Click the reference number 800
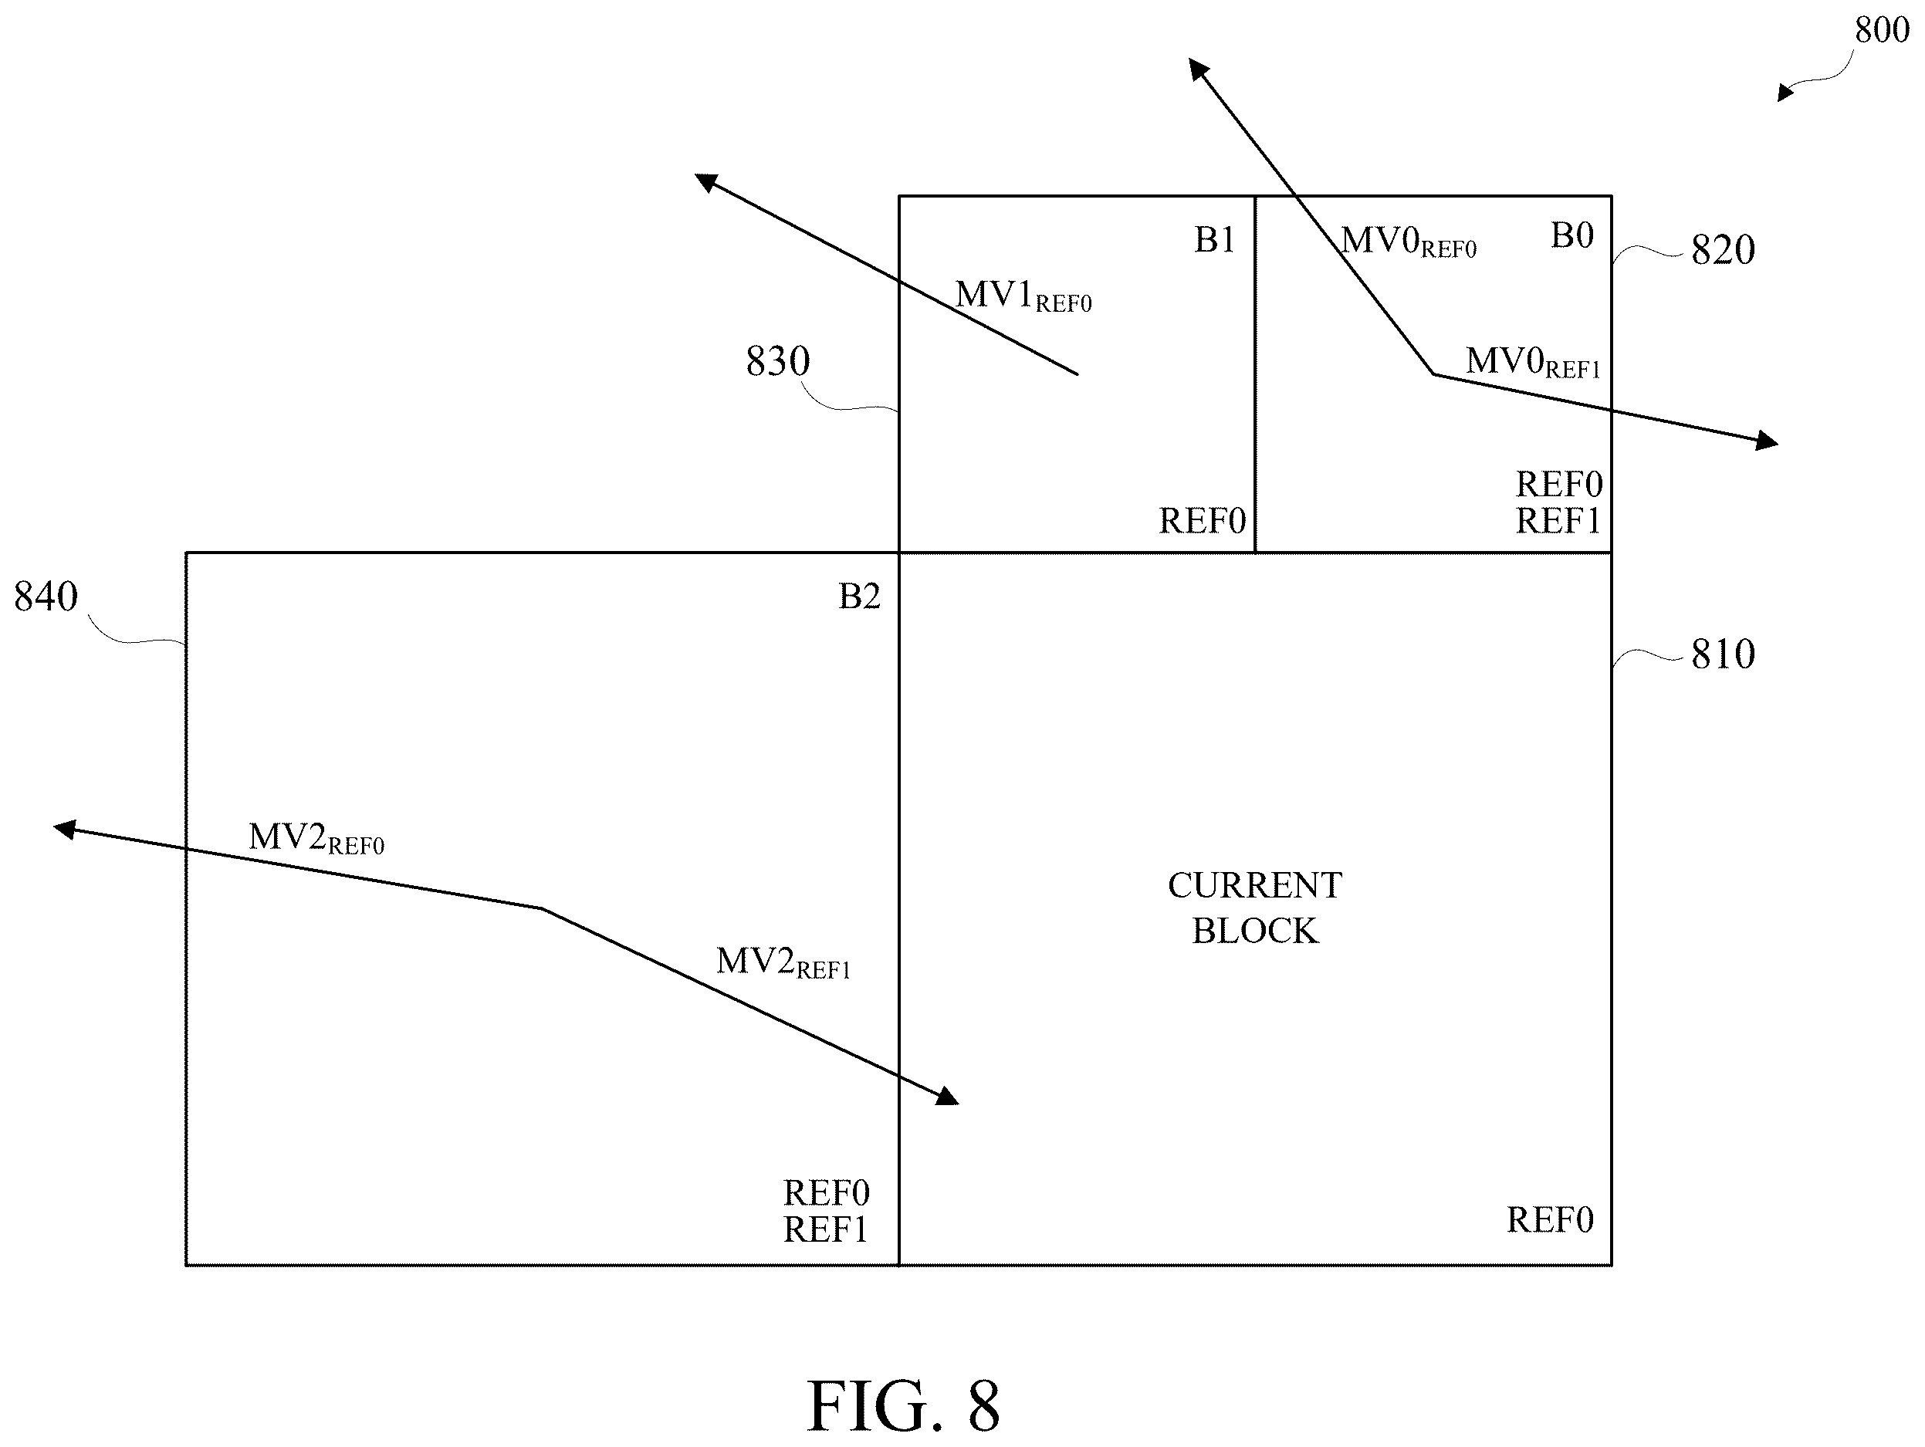1882,30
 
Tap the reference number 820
1722,251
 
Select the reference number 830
777,361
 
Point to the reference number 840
46,597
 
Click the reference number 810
1722,654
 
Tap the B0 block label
1571,236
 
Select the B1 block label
1215,240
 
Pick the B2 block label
859,597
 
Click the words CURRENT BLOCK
1254,908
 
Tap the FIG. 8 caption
903,1405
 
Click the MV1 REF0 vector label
1023,296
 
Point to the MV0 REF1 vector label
1533,363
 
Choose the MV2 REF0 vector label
316,839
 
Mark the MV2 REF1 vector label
783,963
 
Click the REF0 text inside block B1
1202,522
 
